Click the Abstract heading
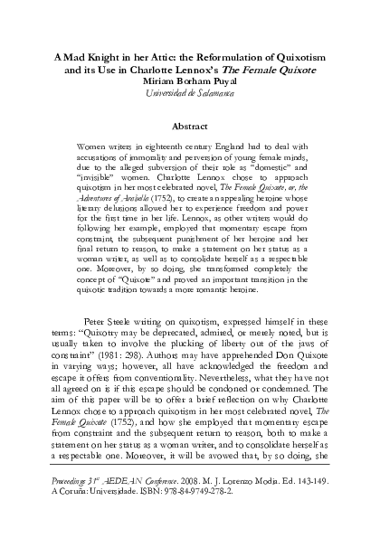tap(190, 127)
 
